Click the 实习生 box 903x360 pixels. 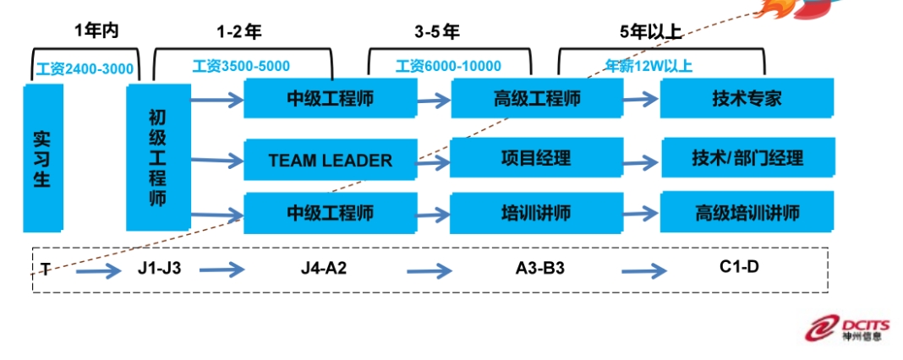43,157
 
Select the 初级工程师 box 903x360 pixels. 157,157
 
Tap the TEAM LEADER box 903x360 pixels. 330,160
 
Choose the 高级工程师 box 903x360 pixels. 537,98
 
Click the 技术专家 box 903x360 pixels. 747,98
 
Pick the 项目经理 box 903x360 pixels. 537,157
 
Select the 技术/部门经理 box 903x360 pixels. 747,158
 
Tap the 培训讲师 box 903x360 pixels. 537,212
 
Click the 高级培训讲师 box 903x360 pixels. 747,212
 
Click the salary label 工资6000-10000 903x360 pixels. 448,66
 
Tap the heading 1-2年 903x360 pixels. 239,32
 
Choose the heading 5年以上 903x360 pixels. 650,32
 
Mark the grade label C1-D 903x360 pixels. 740,268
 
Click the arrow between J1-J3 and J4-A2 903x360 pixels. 222,270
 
